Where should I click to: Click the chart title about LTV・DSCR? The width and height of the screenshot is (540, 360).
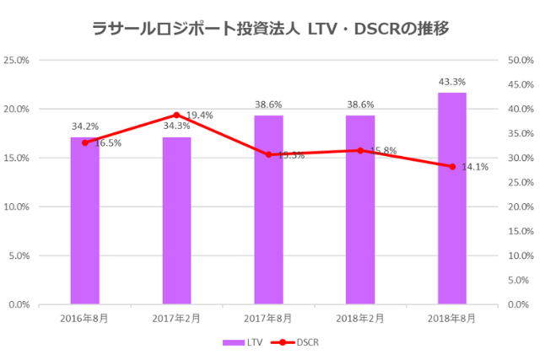point(269,28)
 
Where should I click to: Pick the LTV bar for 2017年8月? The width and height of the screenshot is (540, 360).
point(268,210)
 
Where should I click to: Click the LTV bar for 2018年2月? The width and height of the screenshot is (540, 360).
point(360,210)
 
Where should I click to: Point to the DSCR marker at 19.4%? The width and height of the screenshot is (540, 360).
point(176,115)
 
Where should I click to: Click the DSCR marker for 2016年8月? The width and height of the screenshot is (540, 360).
point(84,142)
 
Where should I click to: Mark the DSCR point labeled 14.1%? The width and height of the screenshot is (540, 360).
point(452,166)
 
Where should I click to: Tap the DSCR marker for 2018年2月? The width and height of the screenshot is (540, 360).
point(360,150)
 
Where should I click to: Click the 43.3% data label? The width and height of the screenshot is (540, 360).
point(452,82)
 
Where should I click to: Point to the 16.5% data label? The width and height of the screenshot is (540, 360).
point(107,143)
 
